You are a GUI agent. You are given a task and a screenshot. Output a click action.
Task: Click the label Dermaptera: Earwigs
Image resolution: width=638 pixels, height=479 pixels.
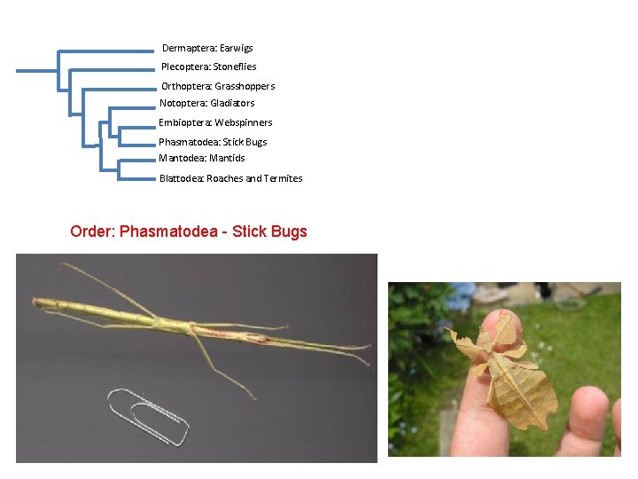(x=207, y=48)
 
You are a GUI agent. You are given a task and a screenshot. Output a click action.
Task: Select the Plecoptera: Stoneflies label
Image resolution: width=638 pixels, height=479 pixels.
(x=208, y=67)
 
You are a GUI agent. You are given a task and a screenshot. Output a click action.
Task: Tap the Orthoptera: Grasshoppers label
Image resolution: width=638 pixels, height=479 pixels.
(x=218, y=86)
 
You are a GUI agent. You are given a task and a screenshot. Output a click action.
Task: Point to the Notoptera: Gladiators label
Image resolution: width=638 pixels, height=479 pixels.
(x=206, y=103)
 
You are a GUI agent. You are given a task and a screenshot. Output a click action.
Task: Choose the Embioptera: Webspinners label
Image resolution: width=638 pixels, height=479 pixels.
(x=215, y=122)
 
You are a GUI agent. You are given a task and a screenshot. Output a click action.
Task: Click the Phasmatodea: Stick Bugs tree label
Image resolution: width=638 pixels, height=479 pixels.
(x=213, y=142)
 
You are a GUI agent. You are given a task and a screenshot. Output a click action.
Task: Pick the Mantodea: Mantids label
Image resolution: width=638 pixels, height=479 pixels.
(x=202, y=158)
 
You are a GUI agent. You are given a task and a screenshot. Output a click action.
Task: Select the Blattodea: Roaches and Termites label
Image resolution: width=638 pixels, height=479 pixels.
(x=230, y=178)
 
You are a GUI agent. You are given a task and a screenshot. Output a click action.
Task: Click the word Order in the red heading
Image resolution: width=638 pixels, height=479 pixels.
(x=91, y=232)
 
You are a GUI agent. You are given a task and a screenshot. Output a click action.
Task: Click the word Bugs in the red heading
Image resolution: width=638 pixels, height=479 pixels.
(x=290, y=232)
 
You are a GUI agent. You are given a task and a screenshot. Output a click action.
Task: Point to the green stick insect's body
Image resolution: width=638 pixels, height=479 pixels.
(x=177, y=324)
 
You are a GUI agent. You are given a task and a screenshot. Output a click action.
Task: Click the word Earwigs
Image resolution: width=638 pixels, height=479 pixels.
(x=236, y=48)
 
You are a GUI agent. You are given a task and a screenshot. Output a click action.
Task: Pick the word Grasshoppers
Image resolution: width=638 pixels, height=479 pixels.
(x=245, y=86)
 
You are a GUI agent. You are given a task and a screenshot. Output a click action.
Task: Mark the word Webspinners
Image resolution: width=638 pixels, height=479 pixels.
(x=244, y=122)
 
